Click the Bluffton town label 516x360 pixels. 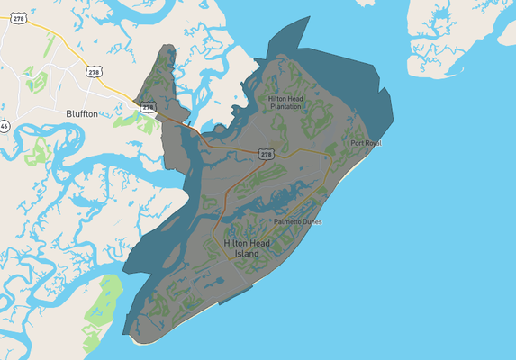(x=82, y=113)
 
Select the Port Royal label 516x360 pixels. (x=367, y=143)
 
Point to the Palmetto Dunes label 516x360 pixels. (x=297, y=221)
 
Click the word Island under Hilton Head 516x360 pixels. (x=246, y=254)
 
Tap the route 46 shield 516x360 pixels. (x=4, y=127)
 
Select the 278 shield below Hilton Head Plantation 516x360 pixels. (x=266, y=155)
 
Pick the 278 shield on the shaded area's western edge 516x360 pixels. (x=148, y=106)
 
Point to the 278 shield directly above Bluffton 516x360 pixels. (x=94, y=71)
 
